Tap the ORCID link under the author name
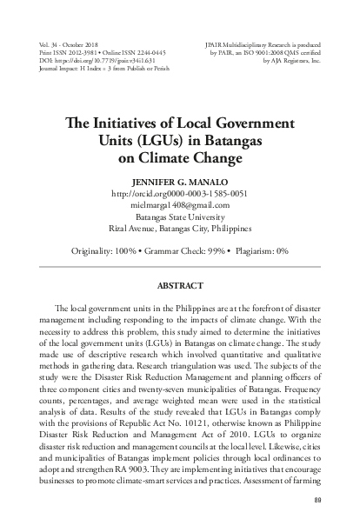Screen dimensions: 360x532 click(179, 194)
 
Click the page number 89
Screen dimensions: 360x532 click(342, 500)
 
